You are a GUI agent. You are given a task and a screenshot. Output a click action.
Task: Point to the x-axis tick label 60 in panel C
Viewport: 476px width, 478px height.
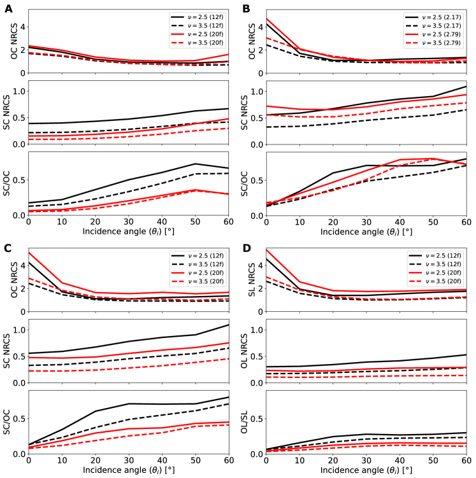pos(227,461)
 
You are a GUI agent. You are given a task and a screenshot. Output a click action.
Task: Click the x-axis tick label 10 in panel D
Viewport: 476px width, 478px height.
pos(299,461)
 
